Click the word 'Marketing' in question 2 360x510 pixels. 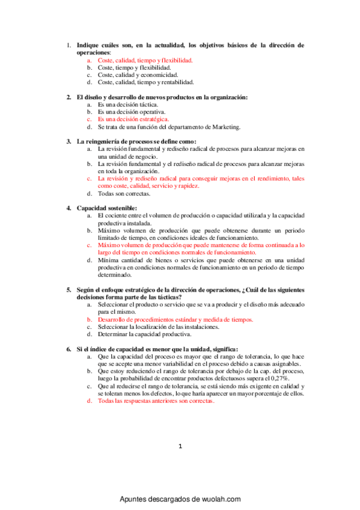point(225,126)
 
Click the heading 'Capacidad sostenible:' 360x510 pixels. point(102,208)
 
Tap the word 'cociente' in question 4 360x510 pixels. point(120,215)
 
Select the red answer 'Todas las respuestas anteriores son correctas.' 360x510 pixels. point(156,401)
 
